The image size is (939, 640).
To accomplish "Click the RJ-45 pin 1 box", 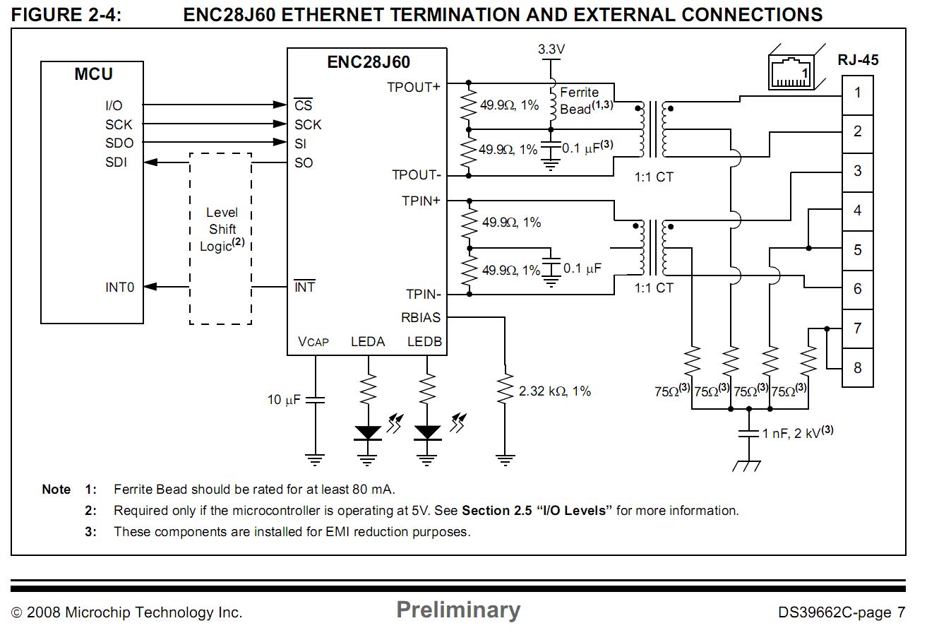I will (857, 93).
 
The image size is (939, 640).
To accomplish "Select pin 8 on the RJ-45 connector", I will (857, 367).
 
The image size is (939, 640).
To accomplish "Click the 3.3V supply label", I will (551, 49).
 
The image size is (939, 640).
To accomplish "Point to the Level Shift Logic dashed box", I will (221, 238).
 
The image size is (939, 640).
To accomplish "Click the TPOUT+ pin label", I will (413, 87).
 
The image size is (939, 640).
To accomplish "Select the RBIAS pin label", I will (421, 318).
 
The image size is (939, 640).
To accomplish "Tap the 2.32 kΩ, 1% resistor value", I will (554, 391).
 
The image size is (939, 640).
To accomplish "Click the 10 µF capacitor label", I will (284, 400).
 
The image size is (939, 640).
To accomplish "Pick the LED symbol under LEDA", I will (368, 432).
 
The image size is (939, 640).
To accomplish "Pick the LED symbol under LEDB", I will (426, 432).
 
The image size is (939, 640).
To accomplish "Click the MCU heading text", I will (93, 74).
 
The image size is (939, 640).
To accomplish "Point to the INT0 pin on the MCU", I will (119, 287).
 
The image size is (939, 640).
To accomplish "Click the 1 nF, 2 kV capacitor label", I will (797, 432).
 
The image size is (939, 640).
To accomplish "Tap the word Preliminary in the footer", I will (458, 610).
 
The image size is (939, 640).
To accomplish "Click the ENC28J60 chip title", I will (368, 62).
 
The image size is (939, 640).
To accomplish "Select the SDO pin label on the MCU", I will (119, 143).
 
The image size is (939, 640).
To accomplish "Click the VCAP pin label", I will (313, 342).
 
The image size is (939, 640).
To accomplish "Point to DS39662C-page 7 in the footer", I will (841, 612).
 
